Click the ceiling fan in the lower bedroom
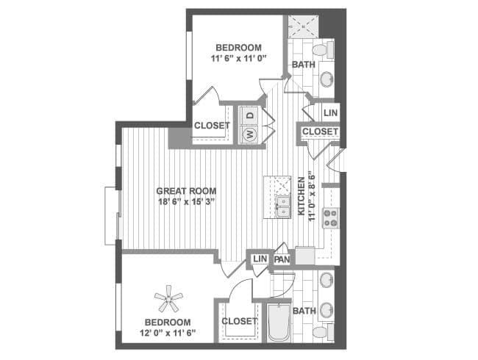[168, 299]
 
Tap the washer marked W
[250, 134]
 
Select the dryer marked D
[250, 115]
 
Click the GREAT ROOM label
[186, 191]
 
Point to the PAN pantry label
[282, 259]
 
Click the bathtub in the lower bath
[278, 323]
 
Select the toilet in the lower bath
[323, 332]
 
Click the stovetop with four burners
[331, 217]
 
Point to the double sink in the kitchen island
[283, 206]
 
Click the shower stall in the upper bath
[304, 26]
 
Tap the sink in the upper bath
[327, 79]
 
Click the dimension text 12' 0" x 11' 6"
[168, 332]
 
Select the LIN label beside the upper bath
[330, 113]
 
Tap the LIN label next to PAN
[260, 259]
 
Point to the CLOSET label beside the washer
[212, 126]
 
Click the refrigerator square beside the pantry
[305, 256]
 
